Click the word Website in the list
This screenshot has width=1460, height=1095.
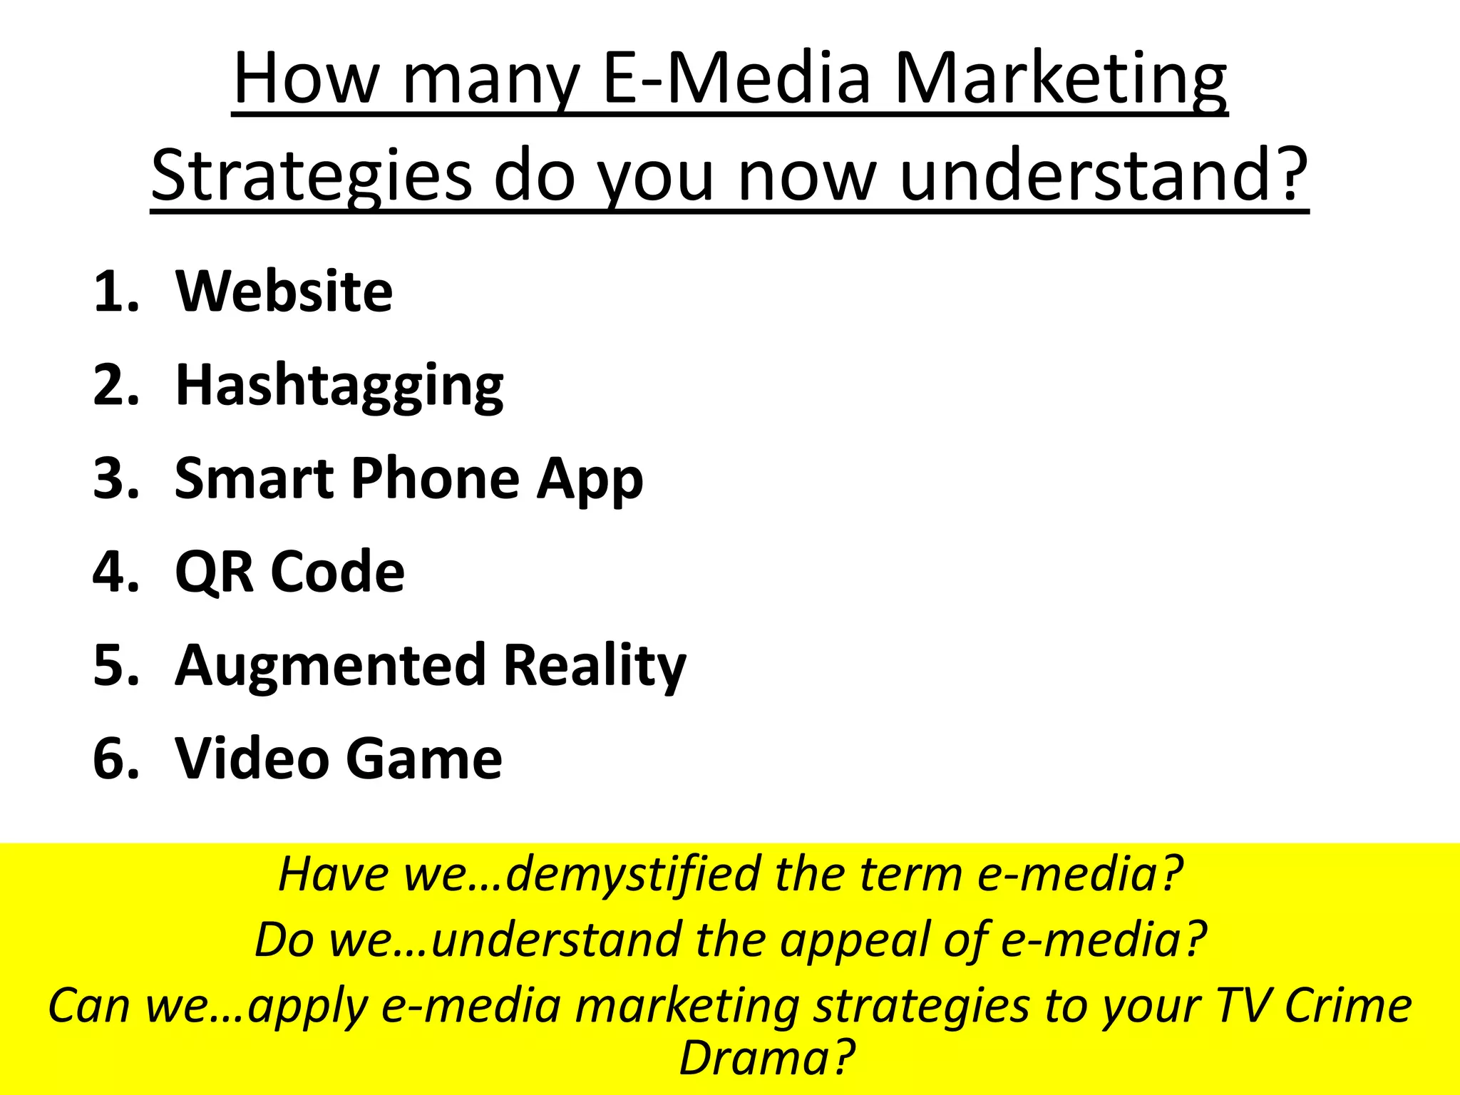point(284,292)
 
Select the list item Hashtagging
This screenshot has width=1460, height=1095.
point(339,386)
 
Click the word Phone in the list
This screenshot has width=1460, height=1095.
point(435,478)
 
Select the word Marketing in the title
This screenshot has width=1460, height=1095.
point(1060,80)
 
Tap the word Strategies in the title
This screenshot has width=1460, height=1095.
point(312,175)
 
